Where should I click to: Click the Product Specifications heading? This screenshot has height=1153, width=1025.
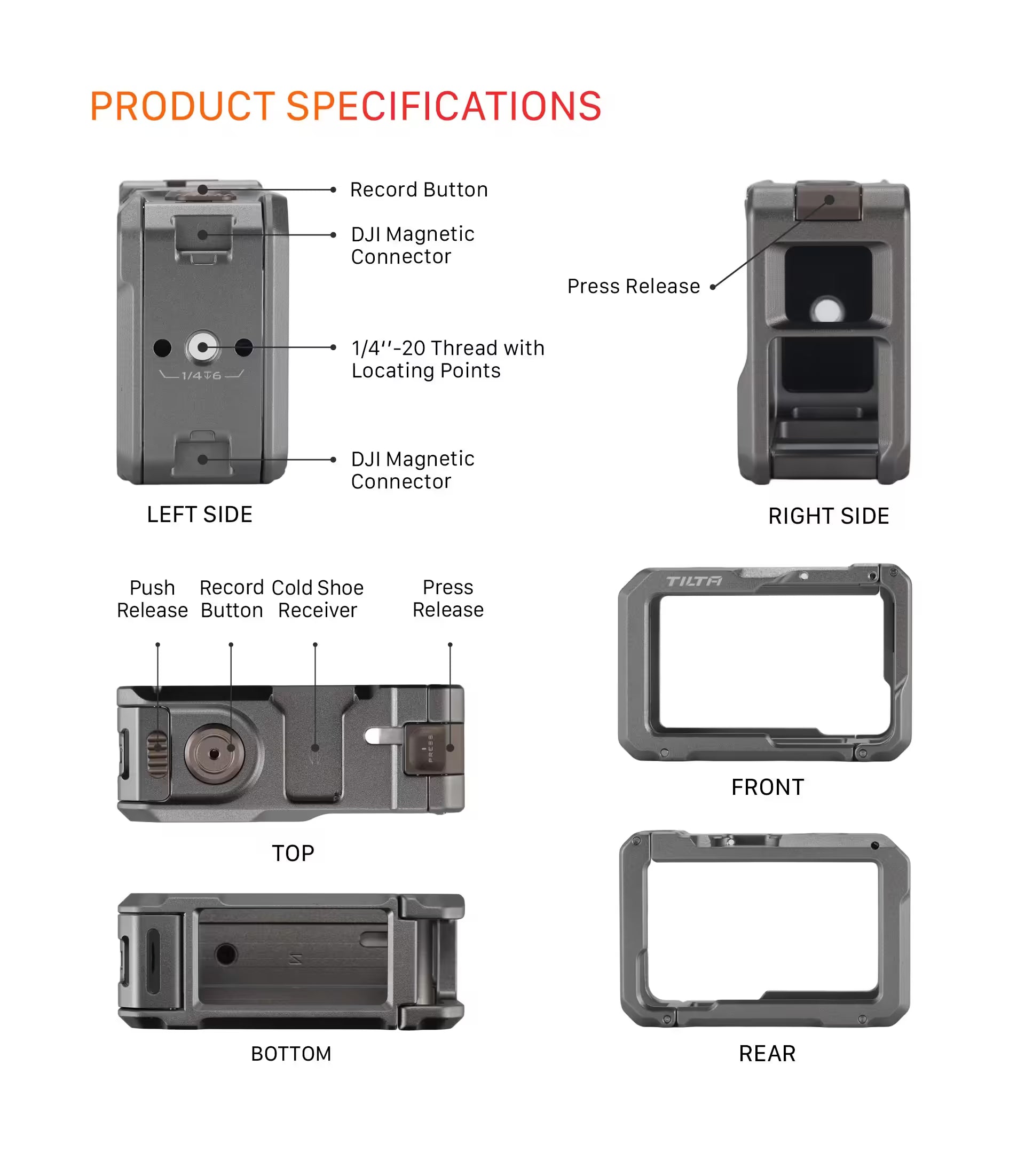tap(346, 106)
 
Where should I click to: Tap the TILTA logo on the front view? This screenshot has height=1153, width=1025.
tap(694, 581)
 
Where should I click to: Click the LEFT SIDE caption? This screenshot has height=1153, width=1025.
tap(200, 515)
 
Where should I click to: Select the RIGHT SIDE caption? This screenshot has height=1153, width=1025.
tap(829, 516)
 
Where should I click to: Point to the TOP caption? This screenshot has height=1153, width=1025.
tap(293, 854)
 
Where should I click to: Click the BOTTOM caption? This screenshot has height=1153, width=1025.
tap(291, 1054)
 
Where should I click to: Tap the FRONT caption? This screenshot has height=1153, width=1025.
tap(768, 787)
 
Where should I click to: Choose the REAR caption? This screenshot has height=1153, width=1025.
tap(767, 1053)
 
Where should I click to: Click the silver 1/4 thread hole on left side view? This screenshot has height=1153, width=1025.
tap(202, 347)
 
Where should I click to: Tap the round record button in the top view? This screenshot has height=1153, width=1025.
tap(215, 753)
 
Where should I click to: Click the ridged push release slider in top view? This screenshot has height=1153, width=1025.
tap(158, 753)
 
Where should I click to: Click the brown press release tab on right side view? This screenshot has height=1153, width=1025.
tap(828, 201)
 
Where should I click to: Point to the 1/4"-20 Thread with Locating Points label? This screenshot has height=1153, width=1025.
tap(448, 359)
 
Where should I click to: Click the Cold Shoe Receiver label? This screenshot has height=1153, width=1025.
tap(318, 599)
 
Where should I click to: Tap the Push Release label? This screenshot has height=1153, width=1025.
tap(152, 599)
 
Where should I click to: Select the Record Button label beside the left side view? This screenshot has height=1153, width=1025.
tap(419, 190)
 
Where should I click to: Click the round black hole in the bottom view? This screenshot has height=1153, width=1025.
tap(226, 954)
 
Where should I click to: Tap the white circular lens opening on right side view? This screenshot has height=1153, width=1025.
tap(827, 310)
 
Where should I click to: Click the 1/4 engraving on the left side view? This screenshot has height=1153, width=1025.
tap(191, 376)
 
